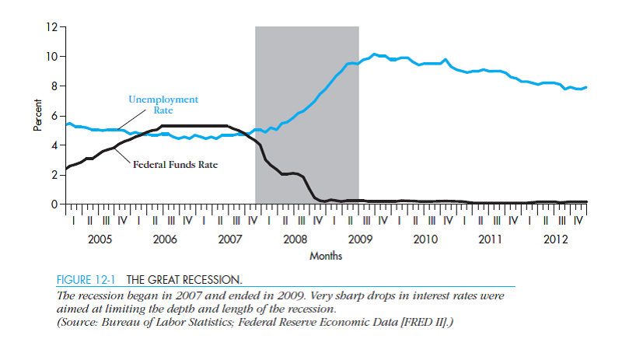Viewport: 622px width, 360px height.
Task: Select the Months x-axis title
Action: tap(326, 255)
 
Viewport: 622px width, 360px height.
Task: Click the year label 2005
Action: tap(100, 239)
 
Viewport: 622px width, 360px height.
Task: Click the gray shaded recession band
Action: tap(306, 78)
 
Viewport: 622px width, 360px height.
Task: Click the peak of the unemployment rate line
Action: tap(374, 54)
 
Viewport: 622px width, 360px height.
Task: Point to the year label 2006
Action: tap(165, 239)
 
